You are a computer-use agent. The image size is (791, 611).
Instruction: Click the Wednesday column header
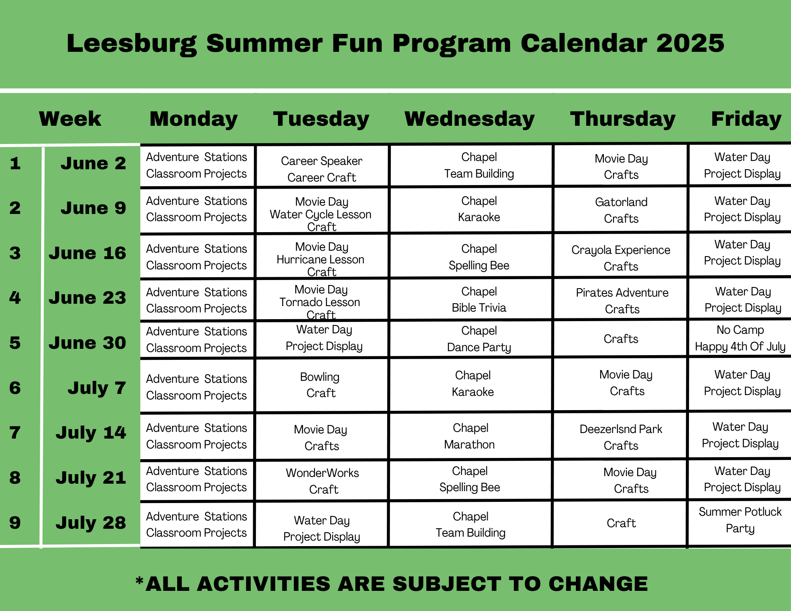point(469,119)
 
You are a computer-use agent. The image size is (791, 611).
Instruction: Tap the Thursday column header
point(623,119)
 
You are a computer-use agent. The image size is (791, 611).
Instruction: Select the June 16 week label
point(87,253)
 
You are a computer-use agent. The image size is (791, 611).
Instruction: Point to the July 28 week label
point(91,522)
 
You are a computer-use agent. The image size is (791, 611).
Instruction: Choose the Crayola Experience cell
point(621,258)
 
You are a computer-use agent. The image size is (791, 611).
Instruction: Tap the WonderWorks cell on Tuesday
point(322,481)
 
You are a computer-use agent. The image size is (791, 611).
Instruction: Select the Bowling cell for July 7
point(321,385)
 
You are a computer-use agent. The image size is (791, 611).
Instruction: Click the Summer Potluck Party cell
point(740,520)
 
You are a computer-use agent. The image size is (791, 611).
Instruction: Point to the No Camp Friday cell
point(740,338)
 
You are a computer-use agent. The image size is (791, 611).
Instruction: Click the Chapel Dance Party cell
point(479,339)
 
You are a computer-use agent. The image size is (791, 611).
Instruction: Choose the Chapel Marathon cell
point(470,436)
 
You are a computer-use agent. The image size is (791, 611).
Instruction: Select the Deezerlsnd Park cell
point(621,437)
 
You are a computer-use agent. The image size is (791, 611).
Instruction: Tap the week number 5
point(15,342)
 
